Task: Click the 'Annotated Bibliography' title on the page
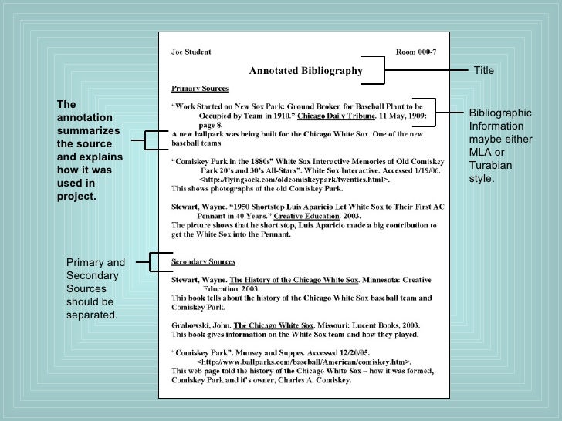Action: tap(305, 71)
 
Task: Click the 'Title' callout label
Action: tap(483, 71)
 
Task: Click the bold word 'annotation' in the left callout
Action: tap(85, 117)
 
